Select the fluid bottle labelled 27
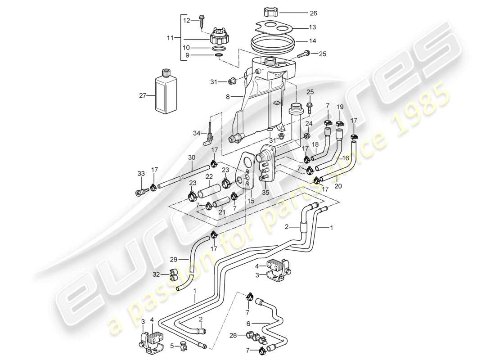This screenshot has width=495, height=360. (x=165, y=93)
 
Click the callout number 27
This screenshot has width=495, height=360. (x=143, y=95)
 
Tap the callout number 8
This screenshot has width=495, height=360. (x=228, y=96)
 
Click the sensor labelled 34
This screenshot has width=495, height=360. (x=208, y=136)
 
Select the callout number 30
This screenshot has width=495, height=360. (x=192, y=157)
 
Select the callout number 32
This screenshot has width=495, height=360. (x=156, y=274)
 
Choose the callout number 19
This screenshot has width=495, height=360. (x=340, y=107)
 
